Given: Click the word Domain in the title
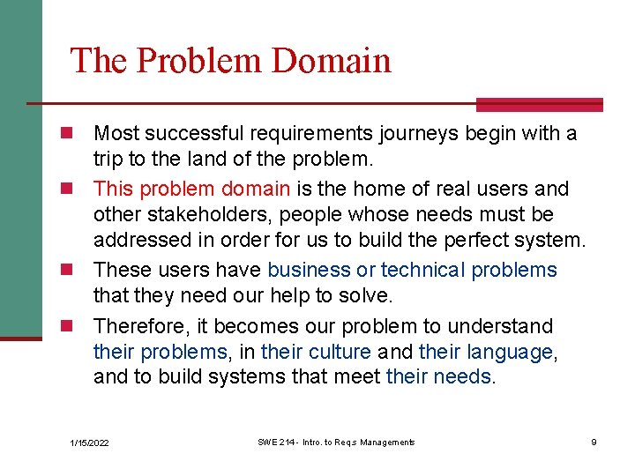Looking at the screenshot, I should (332, 61).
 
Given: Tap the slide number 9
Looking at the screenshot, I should (594, 442).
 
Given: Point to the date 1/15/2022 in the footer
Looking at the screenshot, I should (90, 443).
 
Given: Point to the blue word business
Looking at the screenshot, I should (309, 271).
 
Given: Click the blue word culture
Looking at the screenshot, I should (340, 353).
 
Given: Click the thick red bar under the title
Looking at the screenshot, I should (539, 105).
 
